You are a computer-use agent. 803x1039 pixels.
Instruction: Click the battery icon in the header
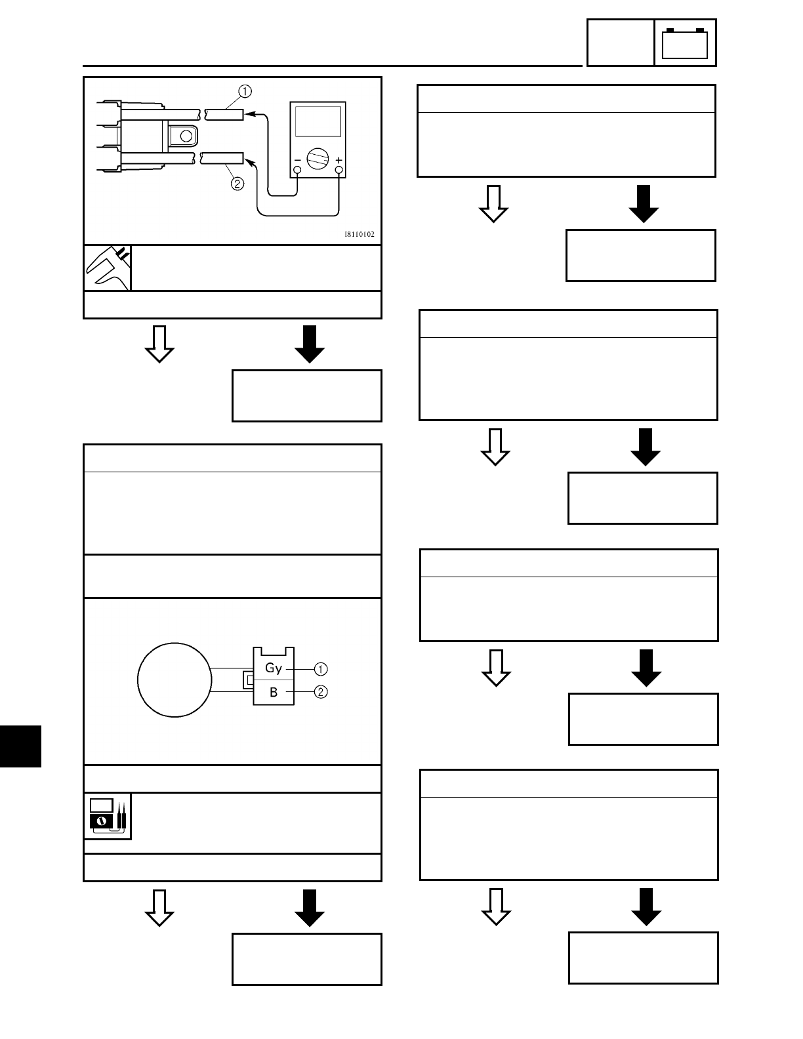tap(685, 44)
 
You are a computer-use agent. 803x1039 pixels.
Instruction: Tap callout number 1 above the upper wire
tap(244, 90)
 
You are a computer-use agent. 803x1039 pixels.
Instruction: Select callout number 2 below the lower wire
tap(237, 184)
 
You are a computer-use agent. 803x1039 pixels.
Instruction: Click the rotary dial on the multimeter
tap(318, 159)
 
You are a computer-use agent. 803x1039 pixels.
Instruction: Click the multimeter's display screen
tap(318, 121)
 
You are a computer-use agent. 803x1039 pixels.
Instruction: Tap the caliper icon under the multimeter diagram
tap(108, 268)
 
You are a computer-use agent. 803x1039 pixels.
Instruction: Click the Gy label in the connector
tap(274, 668)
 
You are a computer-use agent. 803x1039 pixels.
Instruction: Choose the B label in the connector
tap(274, 692)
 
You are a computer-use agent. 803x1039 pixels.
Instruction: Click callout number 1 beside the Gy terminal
tap(321, 669)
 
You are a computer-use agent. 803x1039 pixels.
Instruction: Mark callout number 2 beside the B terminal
tap(321, 692)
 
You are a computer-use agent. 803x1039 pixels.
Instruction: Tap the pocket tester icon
tap(108, 815)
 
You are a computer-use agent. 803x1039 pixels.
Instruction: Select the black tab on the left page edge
tap(20, 746)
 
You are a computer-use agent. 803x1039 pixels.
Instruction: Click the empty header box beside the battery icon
tap(620, 43)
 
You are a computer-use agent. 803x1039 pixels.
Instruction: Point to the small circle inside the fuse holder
tap(186, 136)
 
